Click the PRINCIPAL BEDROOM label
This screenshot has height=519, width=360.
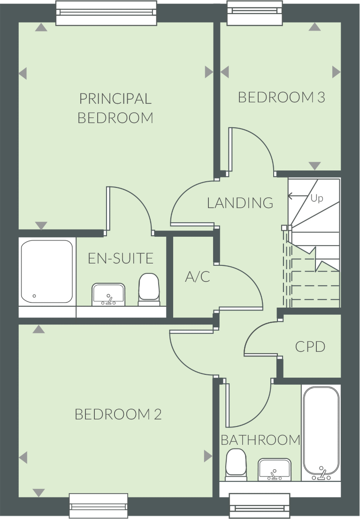[x=115, y=108]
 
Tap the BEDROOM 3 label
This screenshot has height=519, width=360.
[x=282, y=97]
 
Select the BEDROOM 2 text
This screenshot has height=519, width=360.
[x=118, y=414]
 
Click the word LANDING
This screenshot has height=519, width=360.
[x=240, y=203]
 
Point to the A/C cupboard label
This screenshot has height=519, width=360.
[x=197, y=277]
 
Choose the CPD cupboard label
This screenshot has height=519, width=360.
[x=310, y=346]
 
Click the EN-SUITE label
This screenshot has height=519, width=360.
[x=121, y=258]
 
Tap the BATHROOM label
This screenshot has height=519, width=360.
[x=260, y=440]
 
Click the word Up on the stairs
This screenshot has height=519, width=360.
[x=317, y=198]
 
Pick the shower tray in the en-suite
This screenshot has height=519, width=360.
[x=47, y=272]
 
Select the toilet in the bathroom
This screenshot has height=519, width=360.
[x=236, y=465]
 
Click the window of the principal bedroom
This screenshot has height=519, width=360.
[x=106, y=12]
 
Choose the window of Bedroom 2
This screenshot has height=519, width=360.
[x=99, y=506]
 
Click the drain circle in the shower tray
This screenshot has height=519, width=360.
[x=35, y=296]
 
